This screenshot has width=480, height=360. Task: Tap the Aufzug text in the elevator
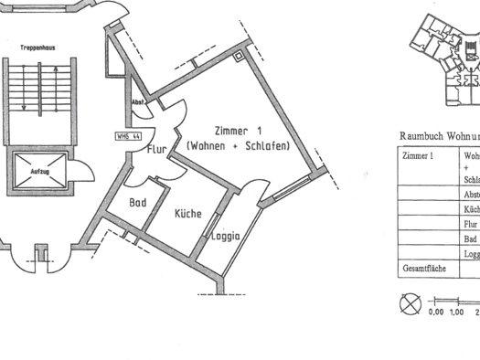pos(39,172)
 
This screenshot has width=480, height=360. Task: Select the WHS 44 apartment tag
pos(128,136)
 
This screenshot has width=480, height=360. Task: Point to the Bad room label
pos(138,203)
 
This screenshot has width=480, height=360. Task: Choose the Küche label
pos(188,214)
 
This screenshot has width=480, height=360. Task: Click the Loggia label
pos(225,236)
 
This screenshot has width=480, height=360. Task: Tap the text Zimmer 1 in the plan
pos(238,131)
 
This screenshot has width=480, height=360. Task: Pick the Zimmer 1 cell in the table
pos(418,154)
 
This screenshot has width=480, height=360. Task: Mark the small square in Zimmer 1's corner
pos(240,55)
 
